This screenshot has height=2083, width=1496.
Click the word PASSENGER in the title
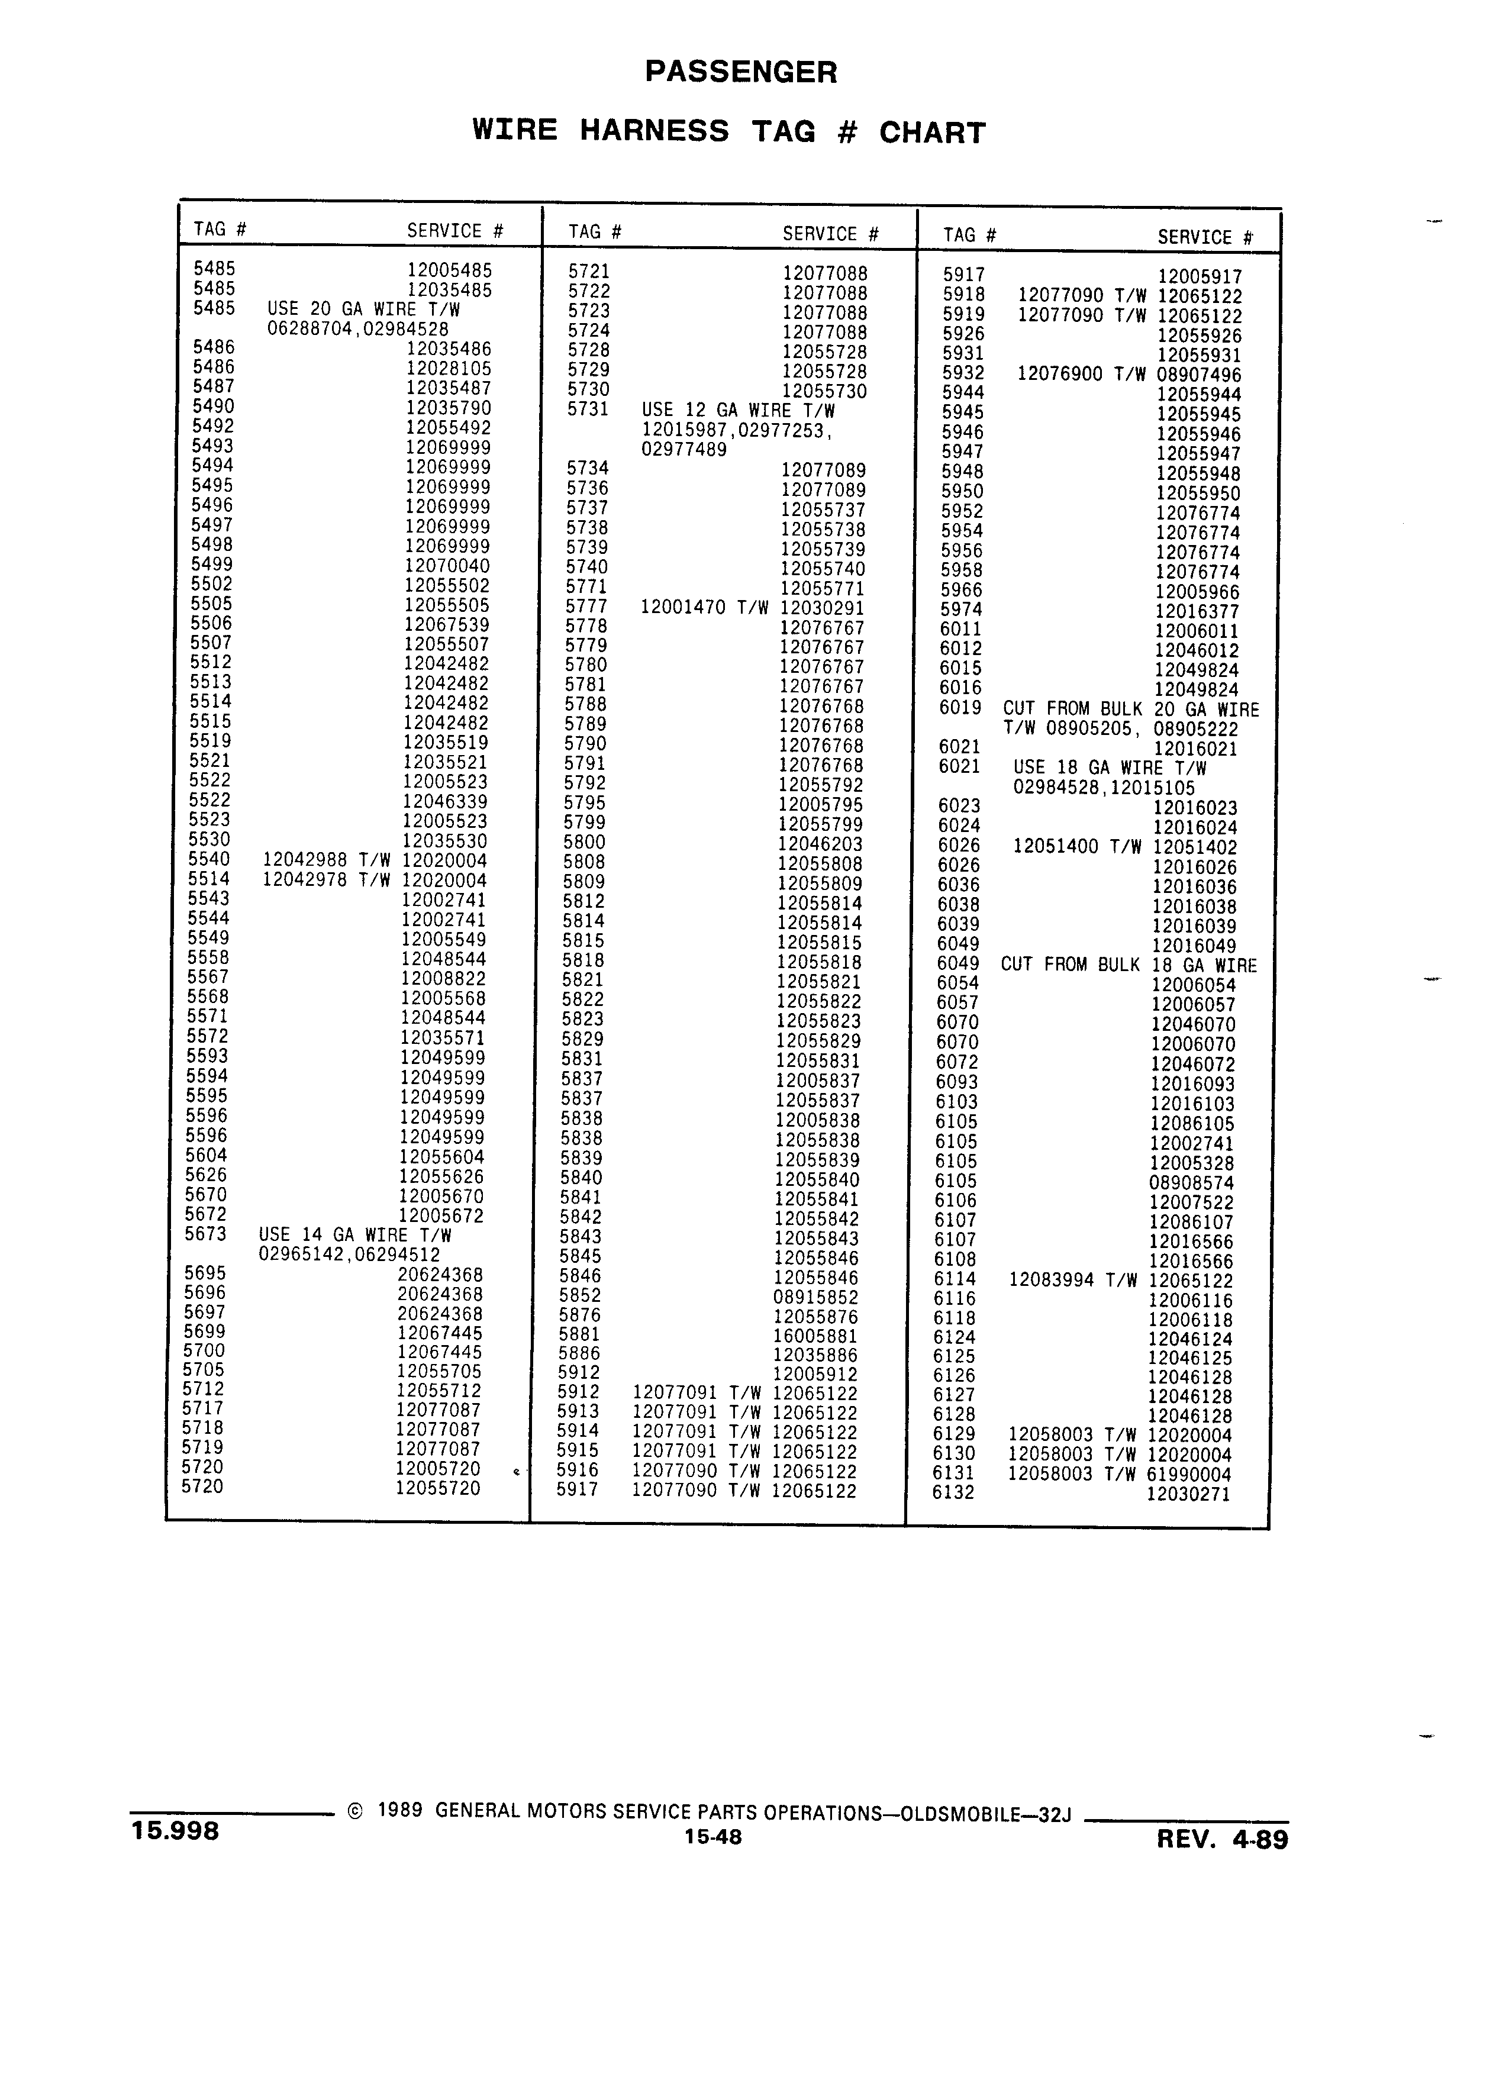(x=741, y=72)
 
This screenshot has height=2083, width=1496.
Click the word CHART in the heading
(x=932, y=133)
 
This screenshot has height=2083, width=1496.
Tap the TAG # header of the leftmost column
(x=220, y=228)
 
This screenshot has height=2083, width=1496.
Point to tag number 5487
(x=213, y=386)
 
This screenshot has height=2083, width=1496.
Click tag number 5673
(x=206, y=1233)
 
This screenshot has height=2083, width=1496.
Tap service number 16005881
(x=815, y=1336)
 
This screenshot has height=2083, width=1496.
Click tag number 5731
(x=588, y=409)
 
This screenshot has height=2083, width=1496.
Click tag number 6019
(x=960, y=708)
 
